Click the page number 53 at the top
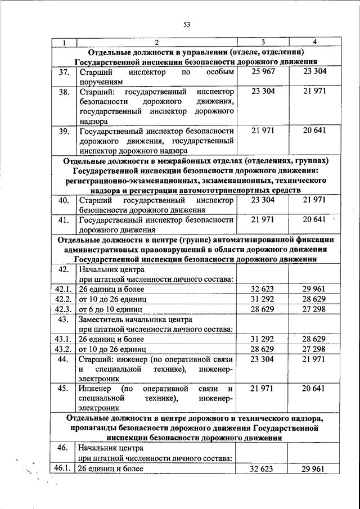(187, 24)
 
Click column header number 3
(263, 43)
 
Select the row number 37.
(64, 73)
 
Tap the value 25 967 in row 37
(263, 73)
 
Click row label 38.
(64, 91)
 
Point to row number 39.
(64, 132)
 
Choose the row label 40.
(64, 200)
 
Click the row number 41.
(64, 220)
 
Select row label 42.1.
(62, 289)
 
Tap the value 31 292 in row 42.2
(263, 299)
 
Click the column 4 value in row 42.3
(314, 309)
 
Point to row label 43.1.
(62, 339)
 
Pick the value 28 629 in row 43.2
(263, 349)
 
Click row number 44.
(64, 359)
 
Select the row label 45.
(64, 389)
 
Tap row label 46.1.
(62, 468)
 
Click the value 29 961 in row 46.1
(314, 468)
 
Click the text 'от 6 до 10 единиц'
(110, 309)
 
